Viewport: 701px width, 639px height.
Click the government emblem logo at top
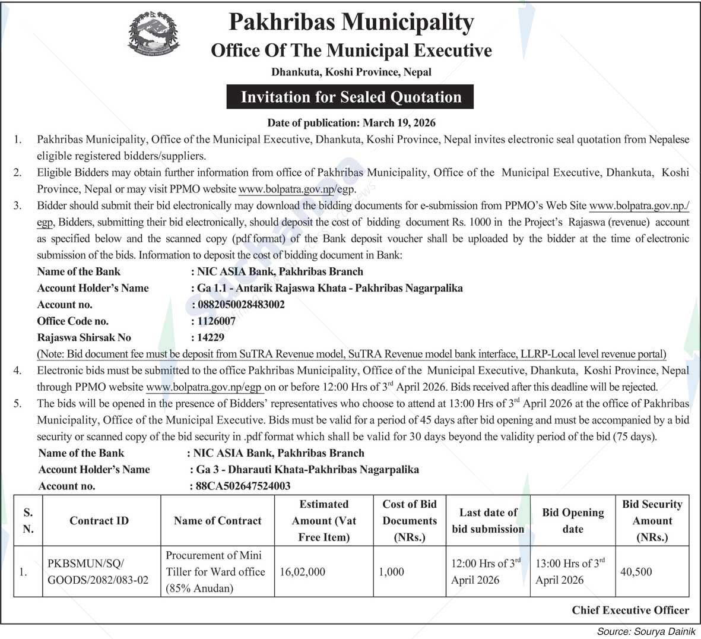(153, 34)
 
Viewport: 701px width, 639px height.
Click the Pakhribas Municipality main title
(351, 23)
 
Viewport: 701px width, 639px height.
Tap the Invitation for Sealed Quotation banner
(350, 97)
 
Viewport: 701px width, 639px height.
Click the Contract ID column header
(99, 521)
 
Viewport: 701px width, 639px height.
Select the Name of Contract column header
(217, 521)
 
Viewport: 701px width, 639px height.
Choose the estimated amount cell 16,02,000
(303, 572)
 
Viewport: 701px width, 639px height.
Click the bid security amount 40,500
(636, 572)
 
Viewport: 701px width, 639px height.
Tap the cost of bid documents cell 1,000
(392, 572)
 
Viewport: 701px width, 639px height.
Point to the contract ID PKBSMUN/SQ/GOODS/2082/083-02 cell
(99, 572)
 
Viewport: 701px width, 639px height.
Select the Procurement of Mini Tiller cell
(215, 572)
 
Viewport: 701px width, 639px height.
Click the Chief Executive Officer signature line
(630, 610)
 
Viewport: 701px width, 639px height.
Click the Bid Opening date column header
(573, 521)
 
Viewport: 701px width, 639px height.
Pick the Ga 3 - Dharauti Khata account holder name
(307, 469)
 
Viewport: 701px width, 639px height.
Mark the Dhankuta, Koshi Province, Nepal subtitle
(351, 72)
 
